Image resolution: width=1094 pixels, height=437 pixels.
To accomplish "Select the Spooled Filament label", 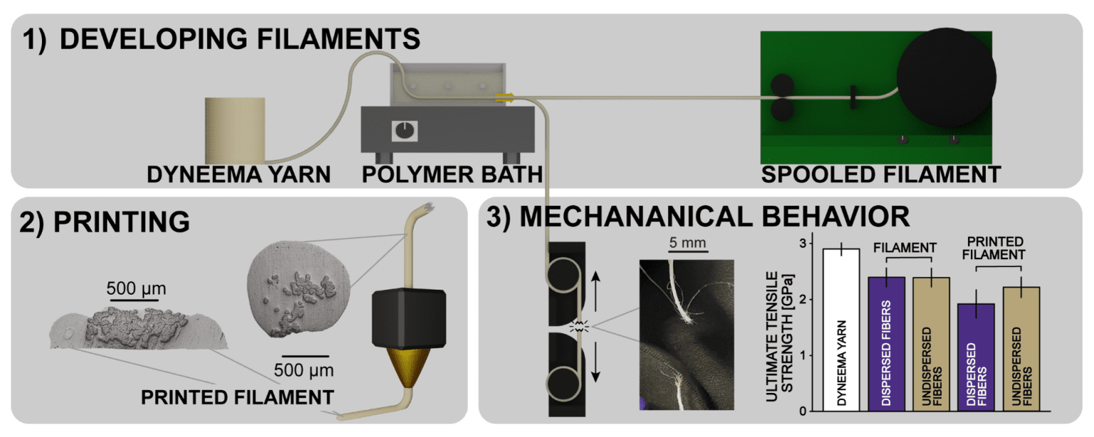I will coord(881,174).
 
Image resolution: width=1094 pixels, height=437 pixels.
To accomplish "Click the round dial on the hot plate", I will coord(403,130).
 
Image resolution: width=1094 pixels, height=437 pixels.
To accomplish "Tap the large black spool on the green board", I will coord(947,78).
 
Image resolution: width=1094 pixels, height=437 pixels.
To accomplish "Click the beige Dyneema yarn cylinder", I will coord(235,130).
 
